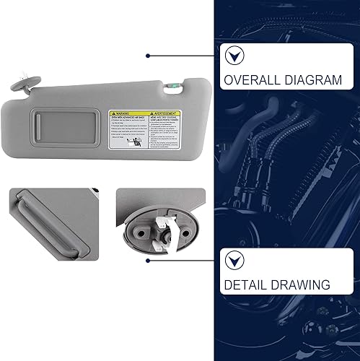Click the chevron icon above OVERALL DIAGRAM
[x=234, y=55]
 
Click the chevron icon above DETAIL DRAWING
[x=234, y=260]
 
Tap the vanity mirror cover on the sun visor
[x=73, y=129]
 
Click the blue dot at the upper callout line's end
[x=148, y=55]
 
